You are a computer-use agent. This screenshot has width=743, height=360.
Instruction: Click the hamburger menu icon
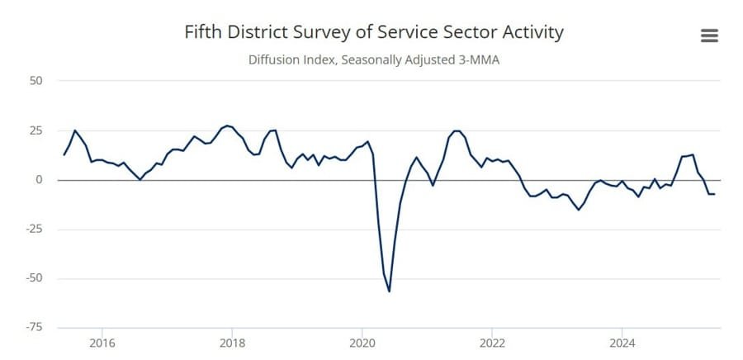point(708,36)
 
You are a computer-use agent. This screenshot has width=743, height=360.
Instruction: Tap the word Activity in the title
point(528,32)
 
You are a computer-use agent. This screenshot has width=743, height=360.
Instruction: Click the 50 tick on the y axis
point(36,81)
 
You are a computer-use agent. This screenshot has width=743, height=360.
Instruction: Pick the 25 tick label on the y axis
point(36,130)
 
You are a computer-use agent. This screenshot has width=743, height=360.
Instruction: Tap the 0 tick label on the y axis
point(39,179)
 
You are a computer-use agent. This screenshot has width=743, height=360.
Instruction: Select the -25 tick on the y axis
point(34,229)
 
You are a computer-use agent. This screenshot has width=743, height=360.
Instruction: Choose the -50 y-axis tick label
point(34,278)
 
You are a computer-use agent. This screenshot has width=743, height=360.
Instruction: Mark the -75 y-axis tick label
point(34,327)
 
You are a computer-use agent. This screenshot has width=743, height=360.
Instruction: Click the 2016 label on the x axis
point(102,342)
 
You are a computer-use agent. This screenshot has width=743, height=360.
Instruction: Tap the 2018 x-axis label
point(233,342)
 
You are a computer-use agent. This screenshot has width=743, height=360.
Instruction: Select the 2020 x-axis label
point(363,342)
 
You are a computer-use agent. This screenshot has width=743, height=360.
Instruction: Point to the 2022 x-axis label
point(493,342)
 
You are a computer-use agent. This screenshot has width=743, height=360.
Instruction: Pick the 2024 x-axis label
point(622,342)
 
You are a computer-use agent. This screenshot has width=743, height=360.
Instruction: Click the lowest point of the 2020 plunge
point(389,291)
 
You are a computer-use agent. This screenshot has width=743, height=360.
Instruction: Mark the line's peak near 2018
point(227,126)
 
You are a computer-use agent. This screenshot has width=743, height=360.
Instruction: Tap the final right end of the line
point(714,194)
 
